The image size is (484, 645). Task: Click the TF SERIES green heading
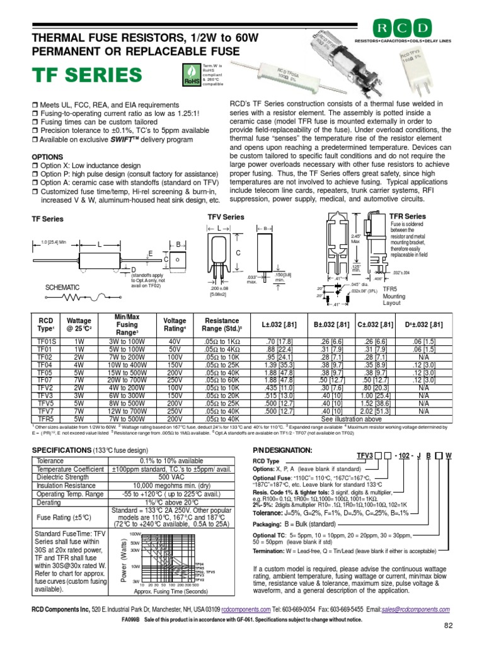[x=87, y=76]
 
